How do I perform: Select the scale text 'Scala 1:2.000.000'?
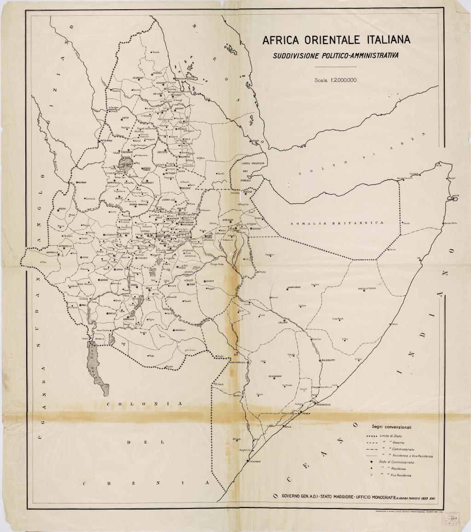point(336,80)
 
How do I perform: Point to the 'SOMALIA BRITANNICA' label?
point(338,223)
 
